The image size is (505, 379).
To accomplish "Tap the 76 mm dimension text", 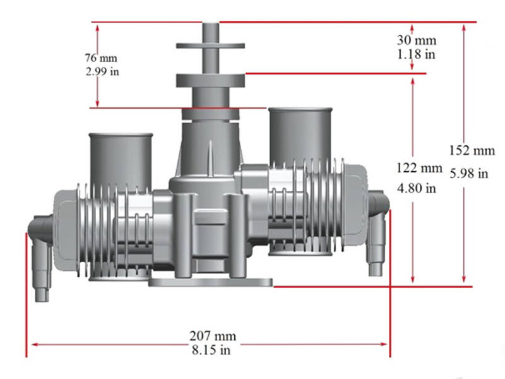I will pyautogui.click(x=102, y=58).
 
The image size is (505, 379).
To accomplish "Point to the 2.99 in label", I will pyautogui.click(x=102, y=71).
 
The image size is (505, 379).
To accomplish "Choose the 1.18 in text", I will pyautogui.click(x=417, y=54).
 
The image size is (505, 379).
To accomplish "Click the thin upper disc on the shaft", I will pyautogui.click(x=210, y=45).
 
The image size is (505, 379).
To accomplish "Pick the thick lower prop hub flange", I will pyautogui.click(x=210, y=80).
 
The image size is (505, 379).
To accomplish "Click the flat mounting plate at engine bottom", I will pyautogui.click(x=210, y=283).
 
